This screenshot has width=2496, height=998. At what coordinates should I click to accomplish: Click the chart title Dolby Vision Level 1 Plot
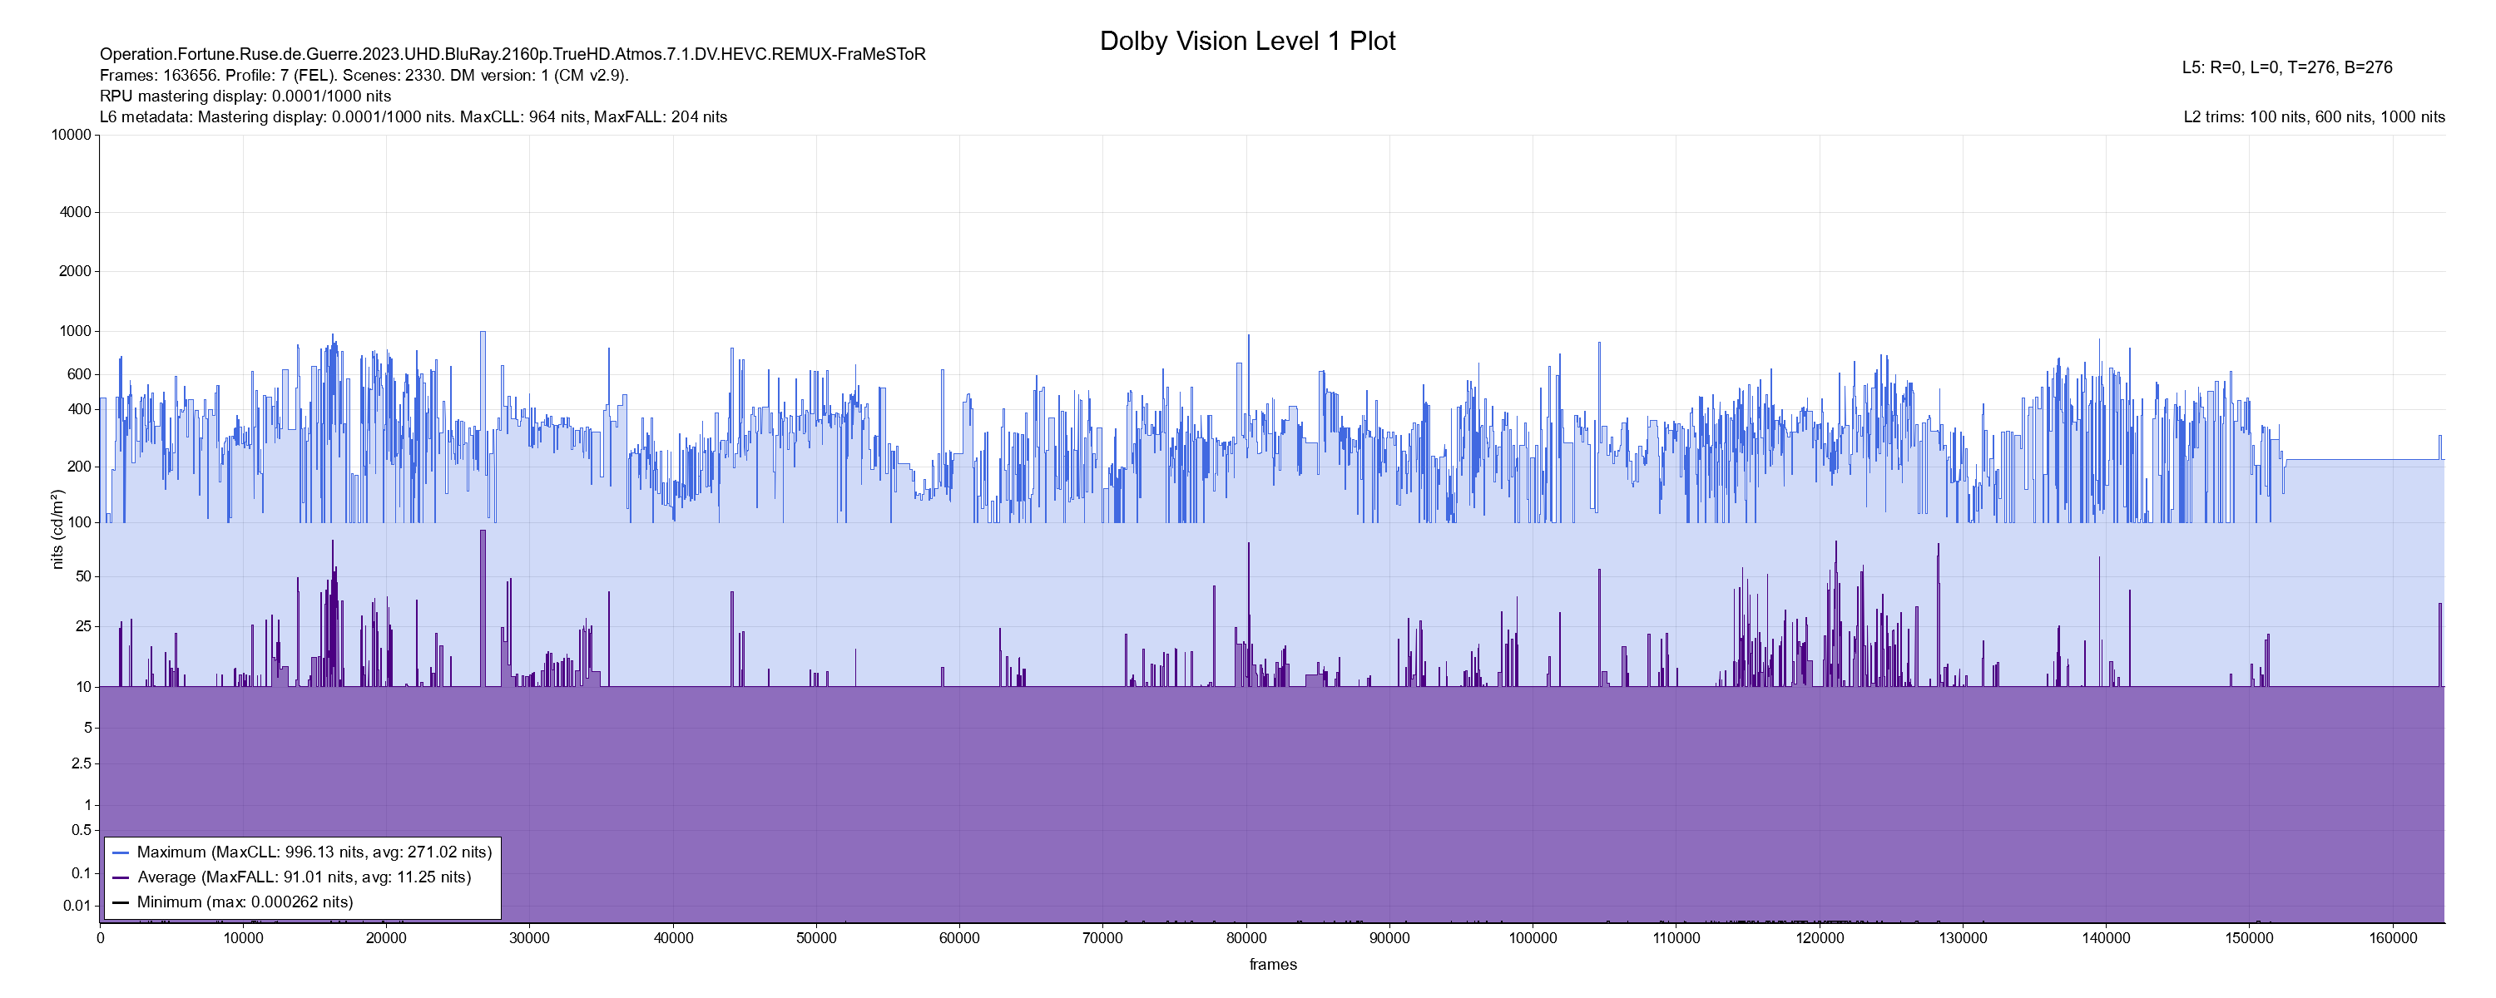1247,41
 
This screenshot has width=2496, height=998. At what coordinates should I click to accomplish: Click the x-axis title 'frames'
1272,964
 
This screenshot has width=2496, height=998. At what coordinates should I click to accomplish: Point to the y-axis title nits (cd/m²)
57,529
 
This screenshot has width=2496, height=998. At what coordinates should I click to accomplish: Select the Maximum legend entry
314,852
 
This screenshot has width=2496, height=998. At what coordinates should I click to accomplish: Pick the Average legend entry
304,877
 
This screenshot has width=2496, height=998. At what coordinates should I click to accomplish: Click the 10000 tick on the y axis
71,135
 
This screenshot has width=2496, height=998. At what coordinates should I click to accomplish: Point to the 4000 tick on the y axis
75,212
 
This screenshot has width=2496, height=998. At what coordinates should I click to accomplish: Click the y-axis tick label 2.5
82,763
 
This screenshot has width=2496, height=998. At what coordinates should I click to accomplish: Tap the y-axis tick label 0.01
77,906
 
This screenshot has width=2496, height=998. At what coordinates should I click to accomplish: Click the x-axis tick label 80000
1246,938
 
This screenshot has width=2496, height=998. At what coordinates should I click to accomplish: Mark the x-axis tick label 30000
530,938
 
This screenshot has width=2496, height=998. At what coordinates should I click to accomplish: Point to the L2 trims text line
2314,117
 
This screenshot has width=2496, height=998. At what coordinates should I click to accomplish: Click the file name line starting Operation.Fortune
513,54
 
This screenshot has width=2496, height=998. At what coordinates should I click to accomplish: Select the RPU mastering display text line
245,96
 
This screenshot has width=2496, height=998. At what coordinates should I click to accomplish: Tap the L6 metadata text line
414,117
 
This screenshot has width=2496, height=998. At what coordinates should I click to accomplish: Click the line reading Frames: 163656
364,76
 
